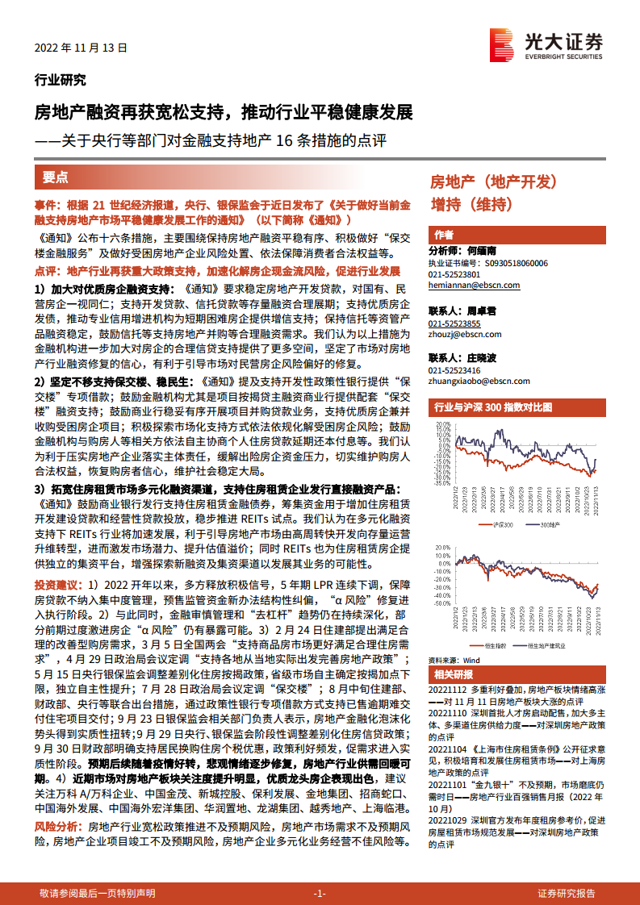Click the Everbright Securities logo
(546, 44)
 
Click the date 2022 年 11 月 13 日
(81, 48)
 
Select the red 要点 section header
(56, 177)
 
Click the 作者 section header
(444, 235)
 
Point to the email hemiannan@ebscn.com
(474, 286)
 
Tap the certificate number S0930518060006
(512, 263)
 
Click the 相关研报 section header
(454, 674)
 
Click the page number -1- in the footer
(319, 893)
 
